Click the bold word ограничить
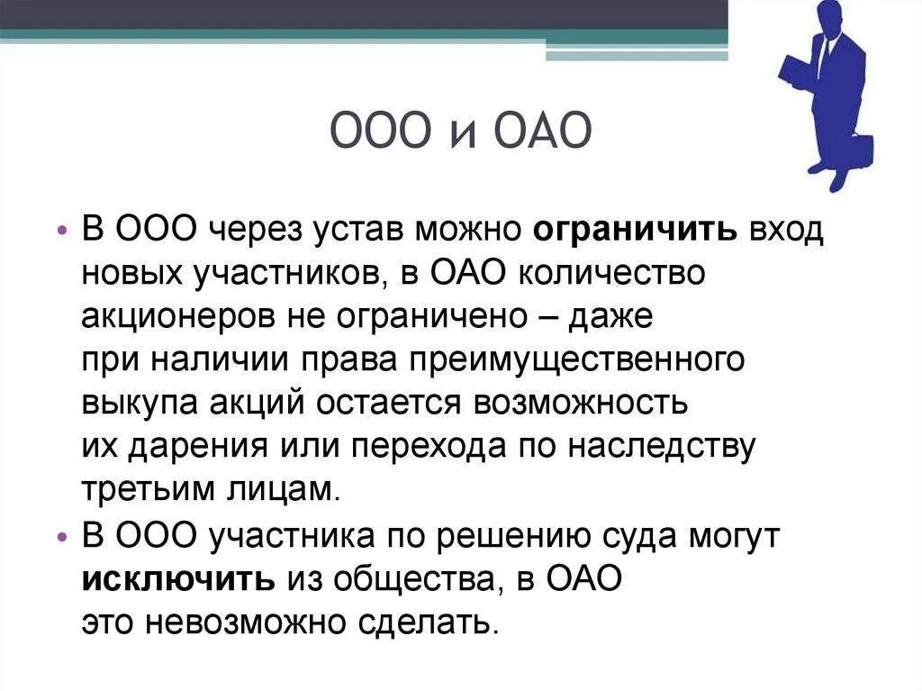[x=636, y=230]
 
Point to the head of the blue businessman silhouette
[x=832, y=18]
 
